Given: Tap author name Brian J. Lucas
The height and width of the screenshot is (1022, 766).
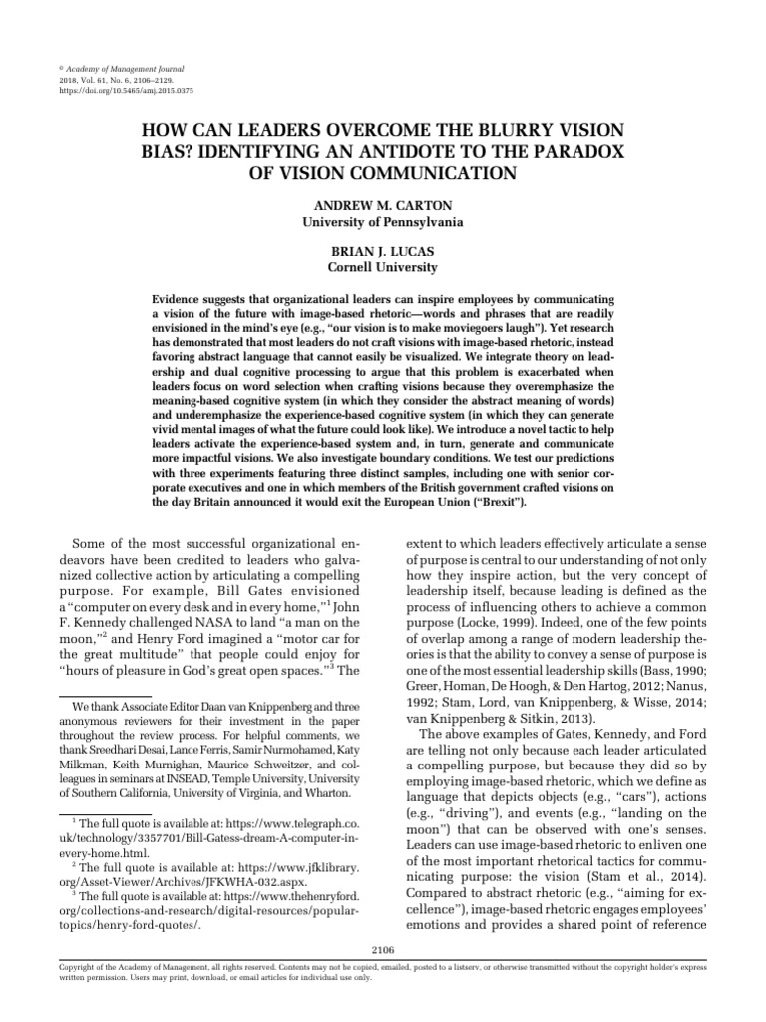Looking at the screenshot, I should [383, 253].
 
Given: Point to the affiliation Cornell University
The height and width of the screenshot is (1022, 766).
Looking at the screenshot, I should [383, 268].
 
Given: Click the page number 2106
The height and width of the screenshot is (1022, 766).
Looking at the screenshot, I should [383, 950].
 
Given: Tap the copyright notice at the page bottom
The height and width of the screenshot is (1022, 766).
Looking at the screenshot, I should [383, 972].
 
